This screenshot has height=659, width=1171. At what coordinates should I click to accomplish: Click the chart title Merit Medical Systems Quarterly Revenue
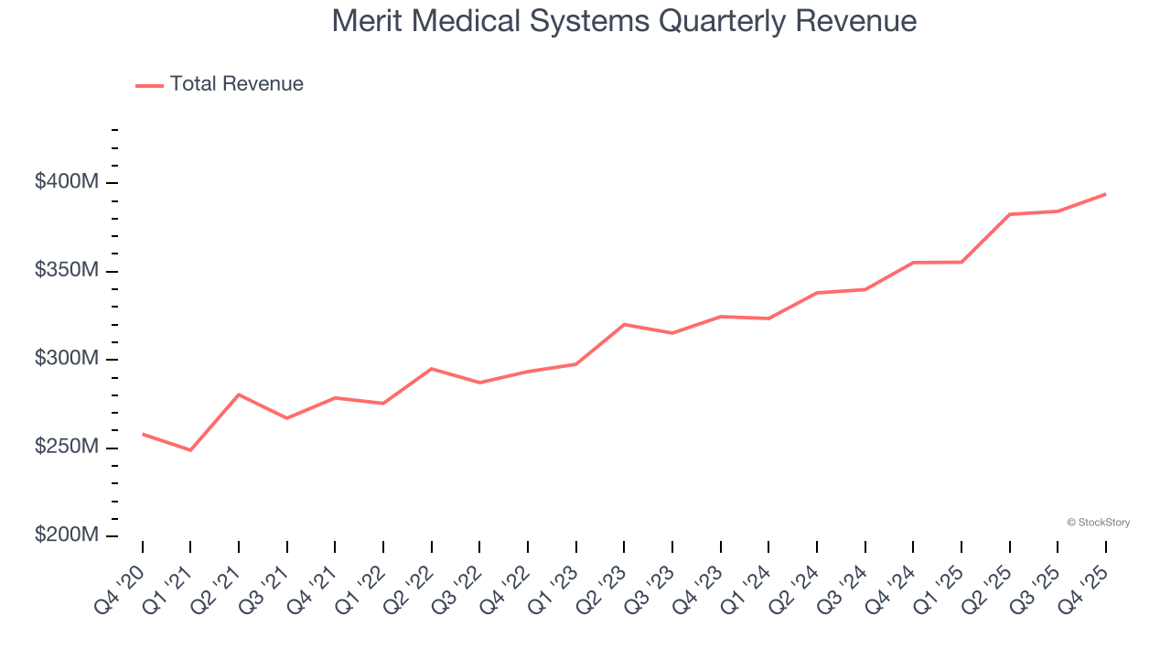click(x=625, y=20)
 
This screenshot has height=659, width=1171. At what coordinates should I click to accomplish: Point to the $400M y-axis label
click(x=67, y=182)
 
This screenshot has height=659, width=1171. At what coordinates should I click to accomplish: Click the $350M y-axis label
click(x=67, y=271)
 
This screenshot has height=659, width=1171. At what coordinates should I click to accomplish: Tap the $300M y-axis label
click(x=67, y=359)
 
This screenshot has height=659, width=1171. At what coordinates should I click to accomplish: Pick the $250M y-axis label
click(x=67, y=448)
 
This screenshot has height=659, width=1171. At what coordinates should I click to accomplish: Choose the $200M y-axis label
click(x=67, y=535)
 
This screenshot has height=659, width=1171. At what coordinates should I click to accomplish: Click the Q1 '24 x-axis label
click(x=747, y=589)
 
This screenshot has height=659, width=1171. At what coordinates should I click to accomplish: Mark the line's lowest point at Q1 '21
click(x=190, y=450)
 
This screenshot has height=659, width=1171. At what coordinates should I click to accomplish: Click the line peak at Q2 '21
click(x=239, y=394)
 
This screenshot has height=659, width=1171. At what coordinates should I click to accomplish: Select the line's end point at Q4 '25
click(x=1106, y=194)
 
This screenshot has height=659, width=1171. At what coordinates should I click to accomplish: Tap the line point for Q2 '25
click(x=1009, y=214)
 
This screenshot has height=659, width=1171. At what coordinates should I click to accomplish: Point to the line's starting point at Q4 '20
click(x=143, y=434)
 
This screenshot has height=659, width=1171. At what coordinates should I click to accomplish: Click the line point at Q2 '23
click(x=624, y=324)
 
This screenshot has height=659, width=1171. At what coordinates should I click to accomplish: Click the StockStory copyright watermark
click(x=1098, y=523)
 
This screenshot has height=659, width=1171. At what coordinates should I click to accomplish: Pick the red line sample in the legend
click(x=149, y=85)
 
